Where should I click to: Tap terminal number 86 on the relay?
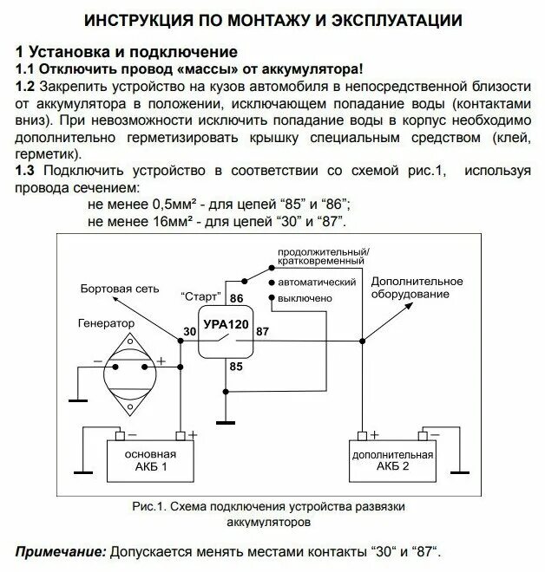click(x=236, y=298)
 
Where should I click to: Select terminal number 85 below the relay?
click(x=235, y=367)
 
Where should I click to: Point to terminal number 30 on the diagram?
click(x=190, y=330)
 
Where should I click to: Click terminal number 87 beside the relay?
click(x=263, y=330)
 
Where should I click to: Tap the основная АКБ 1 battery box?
click(x=150, y=460)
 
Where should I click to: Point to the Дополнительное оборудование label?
click(x=417, y=289)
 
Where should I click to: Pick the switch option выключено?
click(x=306, y=298)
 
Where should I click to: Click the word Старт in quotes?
click(x=200, y=295)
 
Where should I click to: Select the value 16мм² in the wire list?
click(x=165, y=222)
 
